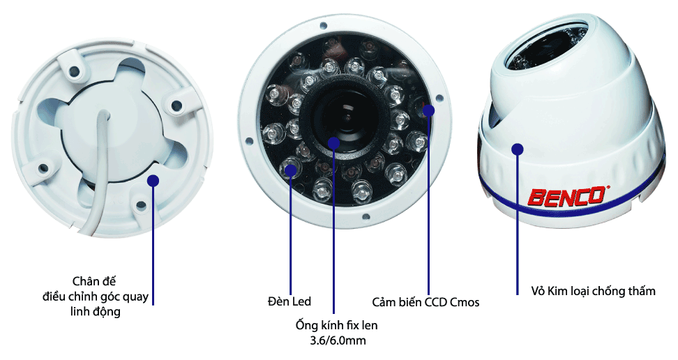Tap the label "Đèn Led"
(289, 301)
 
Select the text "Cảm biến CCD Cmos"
(425, 302)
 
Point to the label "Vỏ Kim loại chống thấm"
(593, 291)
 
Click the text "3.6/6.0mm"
(338, 340)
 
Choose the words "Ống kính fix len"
(336, 325)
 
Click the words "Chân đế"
(94, 281)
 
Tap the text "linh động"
(95, 312)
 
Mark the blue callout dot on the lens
(333, 143)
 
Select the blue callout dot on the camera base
(153, 181)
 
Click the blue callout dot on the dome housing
(517, 149)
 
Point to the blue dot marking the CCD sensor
(428, 111)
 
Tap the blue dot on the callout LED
(291, 170)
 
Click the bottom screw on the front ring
(366, 217)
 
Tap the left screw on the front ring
(248, 141)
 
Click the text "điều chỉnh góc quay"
(96, 297)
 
